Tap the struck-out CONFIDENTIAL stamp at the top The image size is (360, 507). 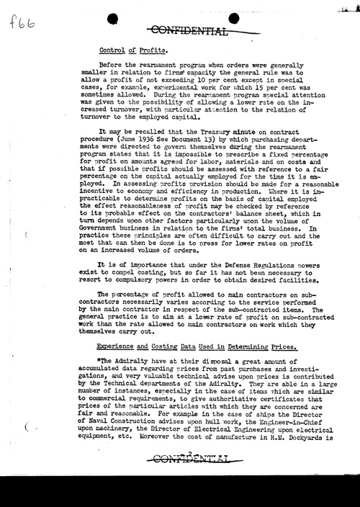coord(186,29)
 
